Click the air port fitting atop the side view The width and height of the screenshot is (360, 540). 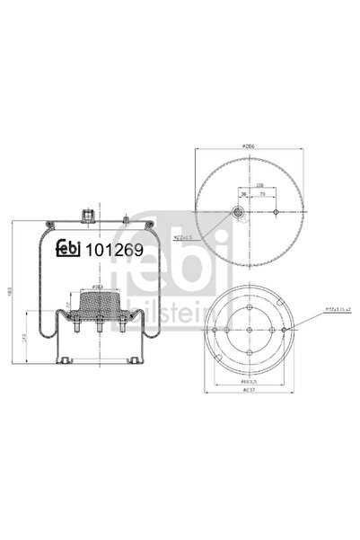[x=88, y=215]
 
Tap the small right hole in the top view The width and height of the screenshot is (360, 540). [x=273, y=212]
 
